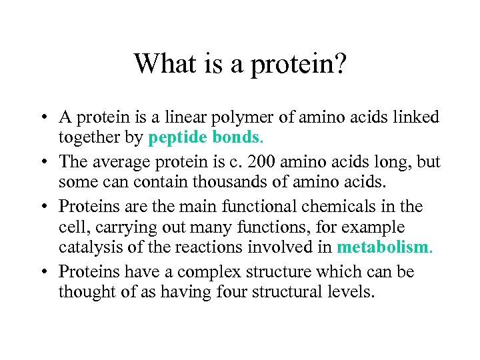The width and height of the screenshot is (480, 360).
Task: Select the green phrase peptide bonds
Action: [x=204, y=138]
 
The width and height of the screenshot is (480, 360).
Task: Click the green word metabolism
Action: [x=383, y=247]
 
